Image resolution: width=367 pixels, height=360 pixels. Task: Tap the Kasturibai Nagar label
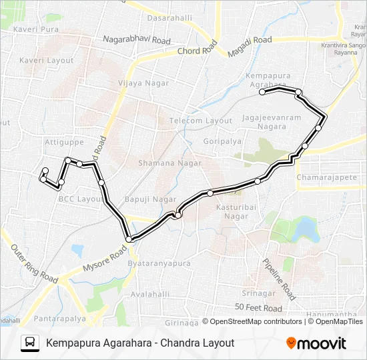pos(233,212)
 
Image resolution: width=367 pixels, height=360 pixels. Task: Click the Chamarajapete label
pos(328,178)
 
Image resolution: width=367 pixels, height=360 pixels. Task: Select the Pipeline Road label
pos(278,279)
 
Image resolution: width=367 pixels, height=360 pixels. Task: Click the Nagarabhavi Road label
pos(137,40)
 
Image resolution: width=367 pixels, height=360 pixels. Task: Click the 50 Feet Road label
pos(258,308)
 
